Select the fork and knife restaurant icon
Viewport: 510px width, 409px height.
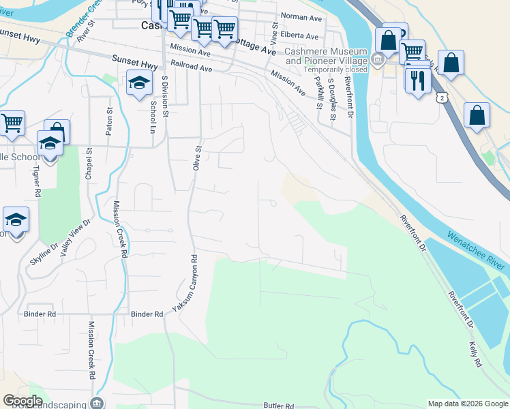[417, 80]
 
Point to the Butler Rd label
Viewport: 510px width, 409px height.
[278, 405]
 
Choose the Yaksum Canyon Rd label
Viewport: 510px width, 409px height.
[184, 284]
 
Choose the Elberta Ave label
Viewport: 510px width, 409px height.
[302, 36]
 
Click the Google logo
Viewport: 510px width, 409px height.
[22, 401]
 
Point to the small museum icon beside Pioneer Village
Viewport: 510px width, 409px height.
[377, 60]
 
